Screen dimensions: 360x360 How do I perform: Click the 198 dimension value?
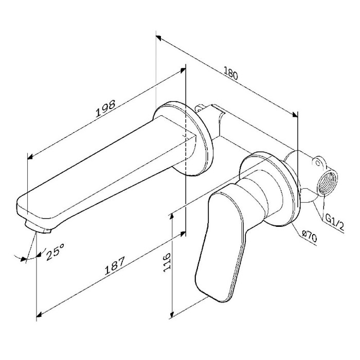(x=105, y=109)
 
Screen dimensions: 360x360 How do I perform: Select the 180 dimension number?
(x=231, y=73)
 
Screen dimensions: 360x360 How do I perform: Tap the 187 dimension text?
(x=115, y=265)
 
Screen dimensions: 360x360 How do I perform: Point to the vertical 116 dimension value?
(x=167, y=263)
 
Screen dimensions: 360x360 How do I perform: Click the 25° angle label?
(x=55, y=251)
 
